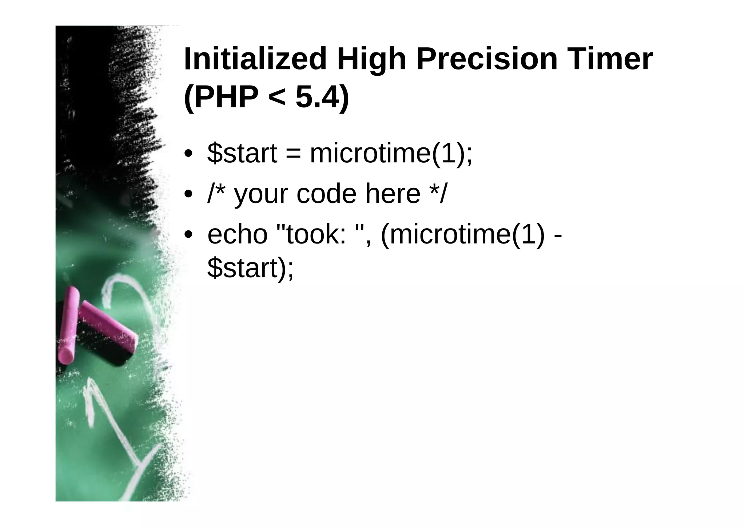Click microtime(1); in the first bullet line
[391, 154]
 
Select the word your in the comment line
[261, 195]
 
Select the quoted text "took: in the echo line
[311, 234]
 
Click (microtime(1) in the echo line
[462, 234]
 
